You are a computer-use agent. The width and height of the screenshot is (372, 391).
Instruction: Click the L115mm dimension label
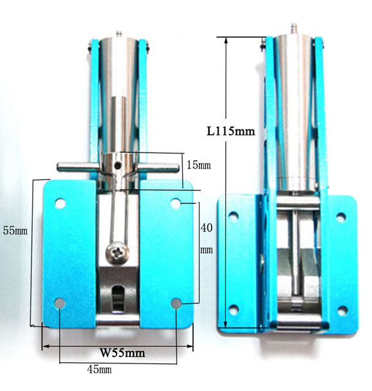[231, 131]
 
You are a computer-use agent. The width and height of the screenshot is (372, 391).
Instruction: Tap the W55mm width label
[123, 353]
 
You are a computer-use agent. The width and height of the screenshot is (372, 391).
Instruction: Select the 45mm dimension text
[99, 369]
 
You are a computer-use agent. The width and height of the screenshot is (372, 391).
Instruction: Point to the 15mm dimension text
[199, 165]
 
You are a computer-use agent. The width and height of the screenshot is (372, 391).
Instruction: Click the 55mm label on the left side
[15, 231]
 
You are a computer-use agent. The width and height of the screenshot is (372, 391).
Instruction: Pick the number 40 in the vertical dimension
[207, 228]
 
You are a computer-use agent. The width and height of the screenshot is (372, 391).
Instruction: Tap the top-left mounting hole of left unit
[60, 203]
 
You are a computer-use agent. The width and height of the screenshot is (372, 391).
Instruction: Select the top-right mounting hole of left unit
[176, 203]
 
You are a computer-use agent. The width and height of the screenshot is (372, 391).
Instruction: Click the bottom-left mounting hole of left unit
[60, 303]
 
